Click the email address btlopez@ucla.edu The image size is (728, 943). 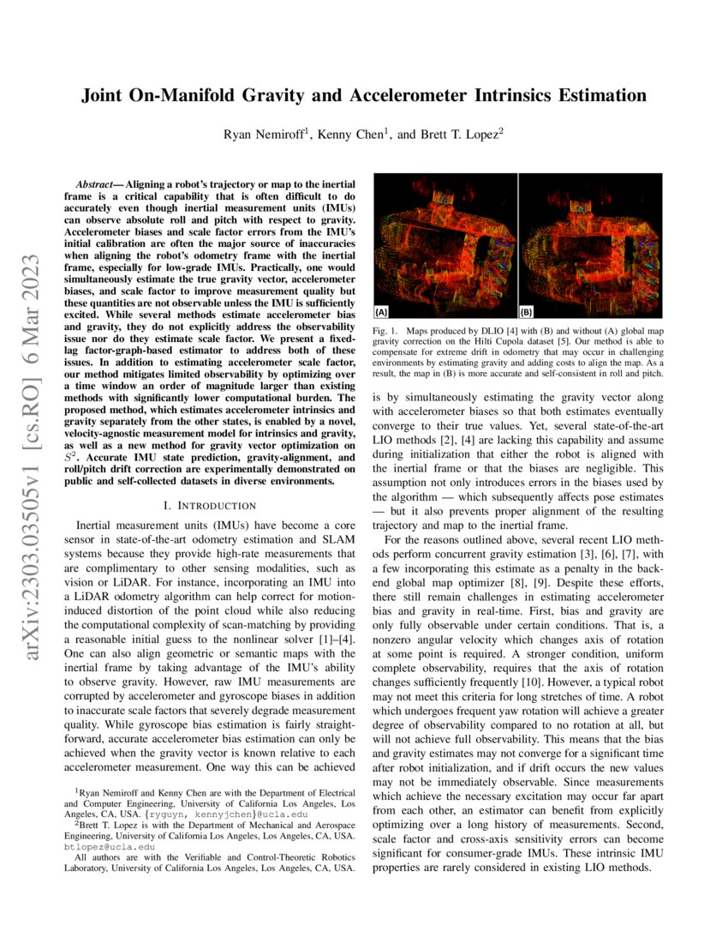point(103,844)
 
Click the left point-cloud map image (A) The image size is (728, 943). point(445,244)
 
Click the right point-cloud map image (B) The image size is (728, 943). point(591,244)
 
